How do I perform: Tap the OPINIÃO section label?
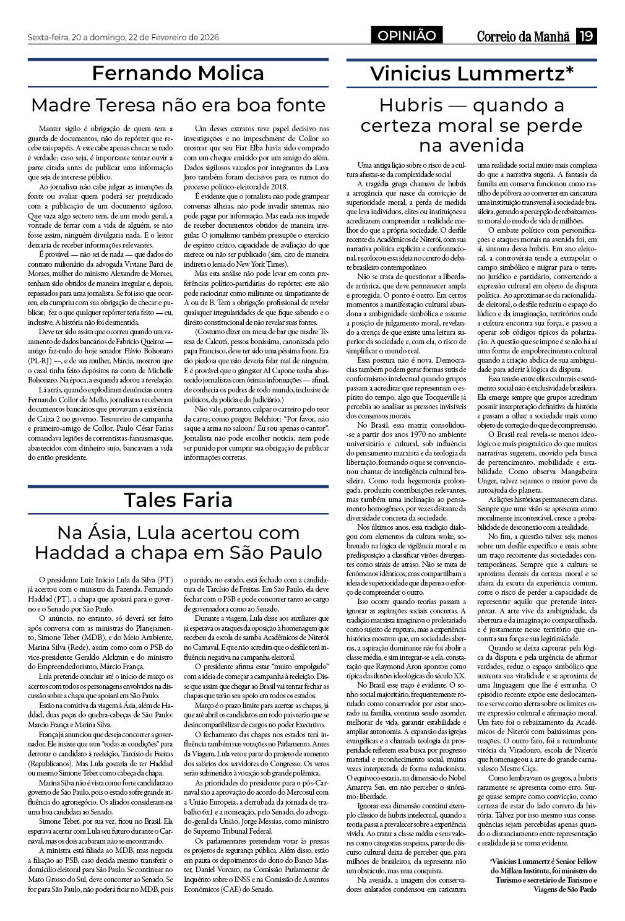point(407,36)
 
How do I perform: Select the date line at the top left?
point(123,36)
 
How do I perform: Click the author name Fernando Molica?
point(178,73)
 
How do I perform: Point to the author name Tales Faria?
point(178,499)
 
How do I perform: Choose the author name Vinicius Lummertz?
point(472,74)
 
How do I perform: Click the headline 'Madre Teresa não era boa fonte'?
point(178,104)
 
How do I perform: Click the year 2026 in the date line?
point(208,36)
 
